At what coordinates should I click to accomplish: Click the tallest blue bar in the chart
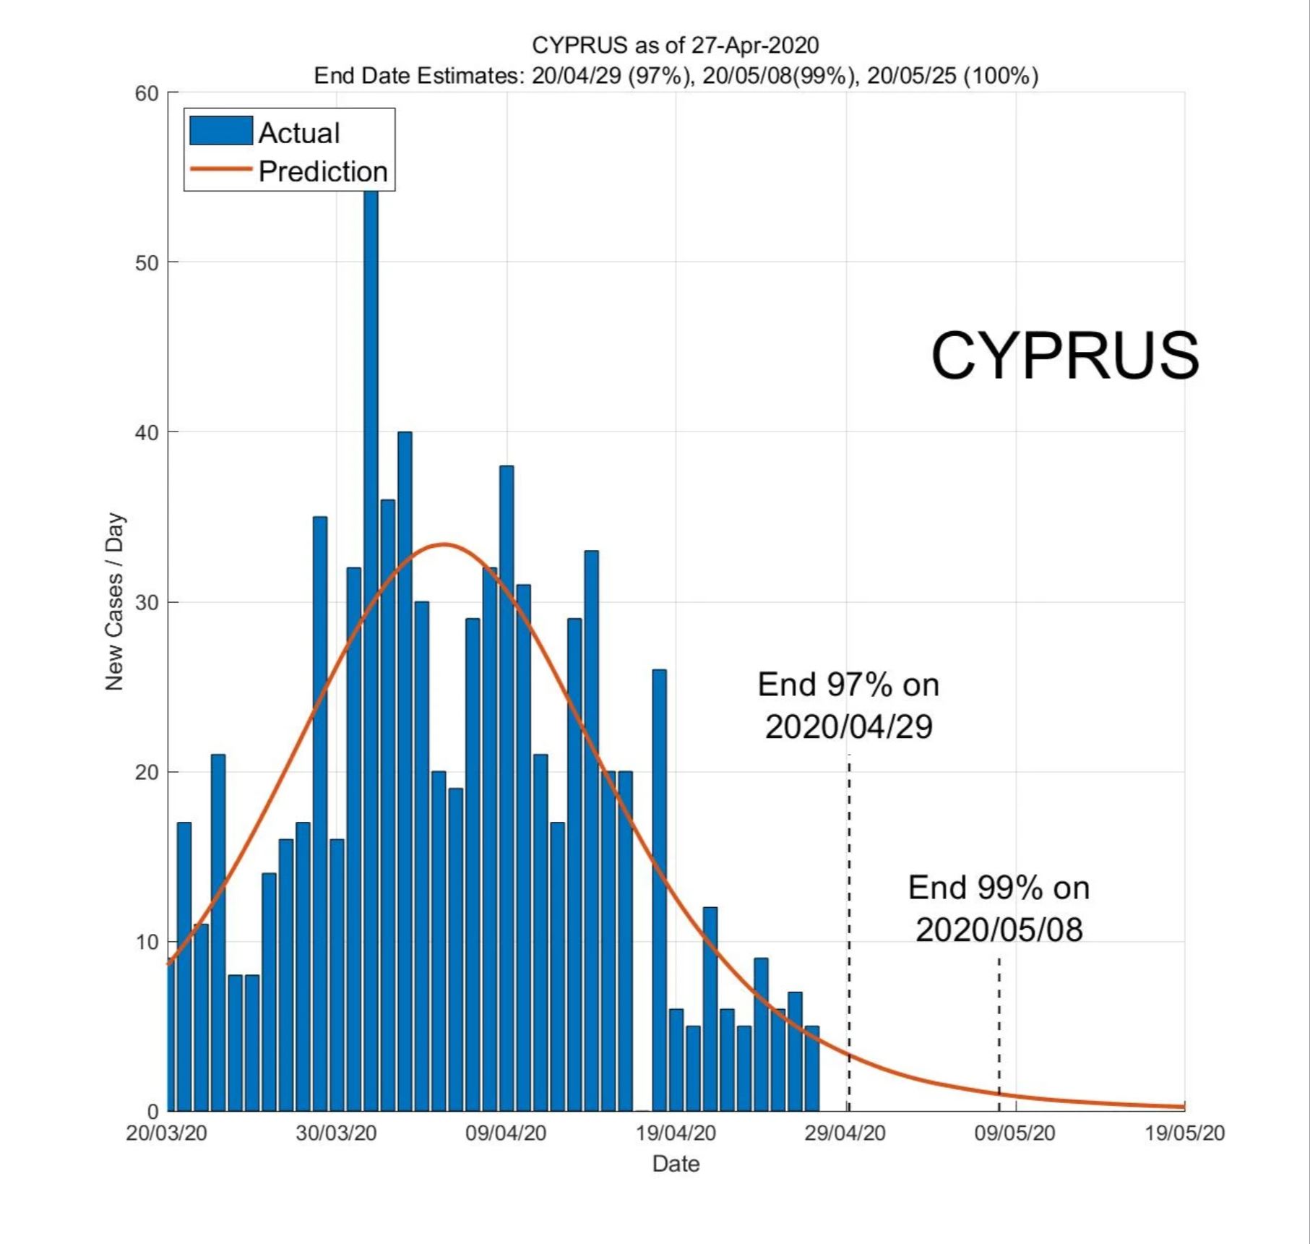coord(371,651)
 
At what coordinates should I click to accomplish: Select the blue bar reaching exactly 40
coord(405,771)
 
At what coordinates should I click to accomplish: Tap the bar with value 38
coord(507,788)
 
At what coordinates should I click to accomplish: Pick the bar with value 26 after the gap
coord(659,890)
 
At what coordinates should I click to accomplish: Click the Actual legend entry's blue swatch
coord(221,131)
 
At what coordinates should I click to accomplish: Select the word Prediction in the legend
coord(323,171)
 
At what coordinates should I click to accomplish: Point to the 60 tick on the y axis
coord(147,93)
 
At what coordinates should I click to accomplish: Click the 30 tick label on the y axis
coord(147,602)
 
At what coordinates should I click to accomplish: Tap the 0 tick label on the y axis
coord(153,1112)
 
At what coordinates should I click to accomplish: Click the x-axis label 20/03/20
coord(166,1133)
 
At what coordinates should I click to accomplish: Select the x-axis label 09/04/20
coord(506,1133)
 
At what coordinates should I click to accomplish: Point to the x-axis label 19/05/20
coord(1185,1133)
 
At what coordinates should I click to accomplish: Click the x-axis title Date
coord(676,1164)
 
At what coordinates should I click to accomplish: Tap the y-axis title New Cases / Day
coord(114,601)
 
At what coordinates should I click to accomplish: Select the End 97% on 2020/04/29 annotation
coord(848,705)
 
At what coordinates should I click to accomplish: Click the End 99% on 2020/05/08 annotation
coord(999,909)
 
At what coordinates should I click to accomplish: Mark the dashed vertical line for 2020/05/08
coord(999,1034)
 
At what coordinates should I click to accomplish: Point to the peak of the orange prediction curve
coord(444,544)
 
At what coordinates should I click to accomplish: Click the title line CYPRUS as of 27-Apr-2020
coord(676,45)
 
